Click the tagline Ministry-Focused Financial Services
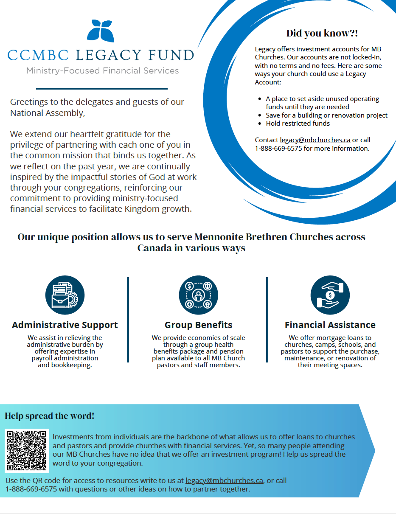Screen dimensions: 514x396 102,70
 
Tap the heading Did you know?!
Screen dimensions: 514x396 322,34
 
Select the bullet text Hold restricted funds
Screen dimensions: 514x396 298,124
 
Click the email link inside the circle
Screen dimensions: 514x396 315,140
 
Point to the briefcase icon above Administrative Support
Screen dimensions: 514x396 65,295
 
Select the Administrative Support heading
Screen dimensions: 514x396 65,325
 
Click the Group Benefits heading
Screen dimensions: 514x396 198,325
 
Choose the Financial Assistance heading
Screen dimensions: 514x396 330,325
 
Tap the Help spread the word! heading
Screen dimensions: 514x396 50,416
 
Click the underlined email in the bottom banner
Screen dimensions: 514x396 224,481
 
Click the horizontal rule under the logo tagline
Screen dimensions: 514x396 102,89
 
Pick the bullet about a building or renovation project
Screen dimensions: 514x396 326,115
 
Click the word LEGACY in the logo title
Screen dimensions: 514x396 109,55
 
